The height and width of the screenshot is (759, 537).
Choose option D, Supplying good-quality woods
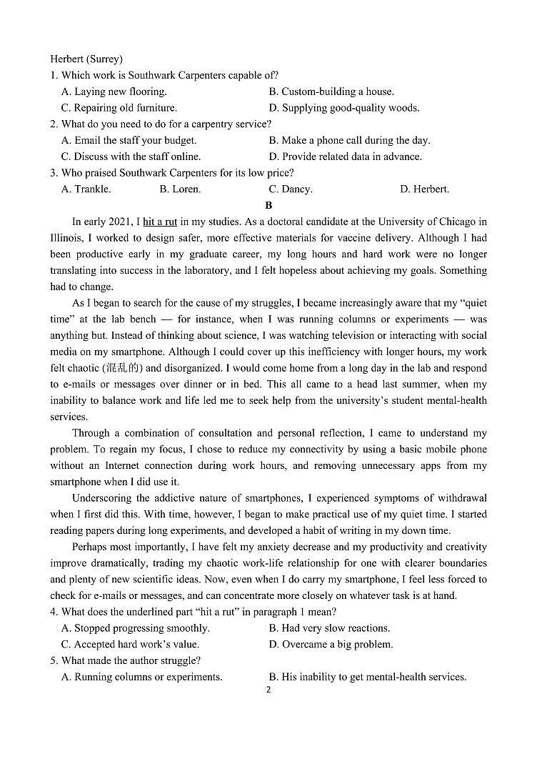(x=344, y=108)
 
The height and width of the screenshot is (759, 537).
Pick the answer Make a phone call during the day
(x=350, y=140)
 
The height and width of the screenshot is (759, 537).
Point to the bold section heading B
(x=268, y=205)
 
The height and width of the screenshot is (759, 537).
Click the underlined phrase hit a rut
(x=160, y=222)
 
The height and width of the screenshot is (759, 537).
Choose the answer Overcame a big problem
(x=331, y=645)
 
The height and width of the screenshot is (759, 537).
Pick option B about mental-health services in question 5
(x=368, y=677)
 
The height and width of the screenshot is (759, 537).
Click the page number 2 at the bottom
(x=268, y=690)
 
